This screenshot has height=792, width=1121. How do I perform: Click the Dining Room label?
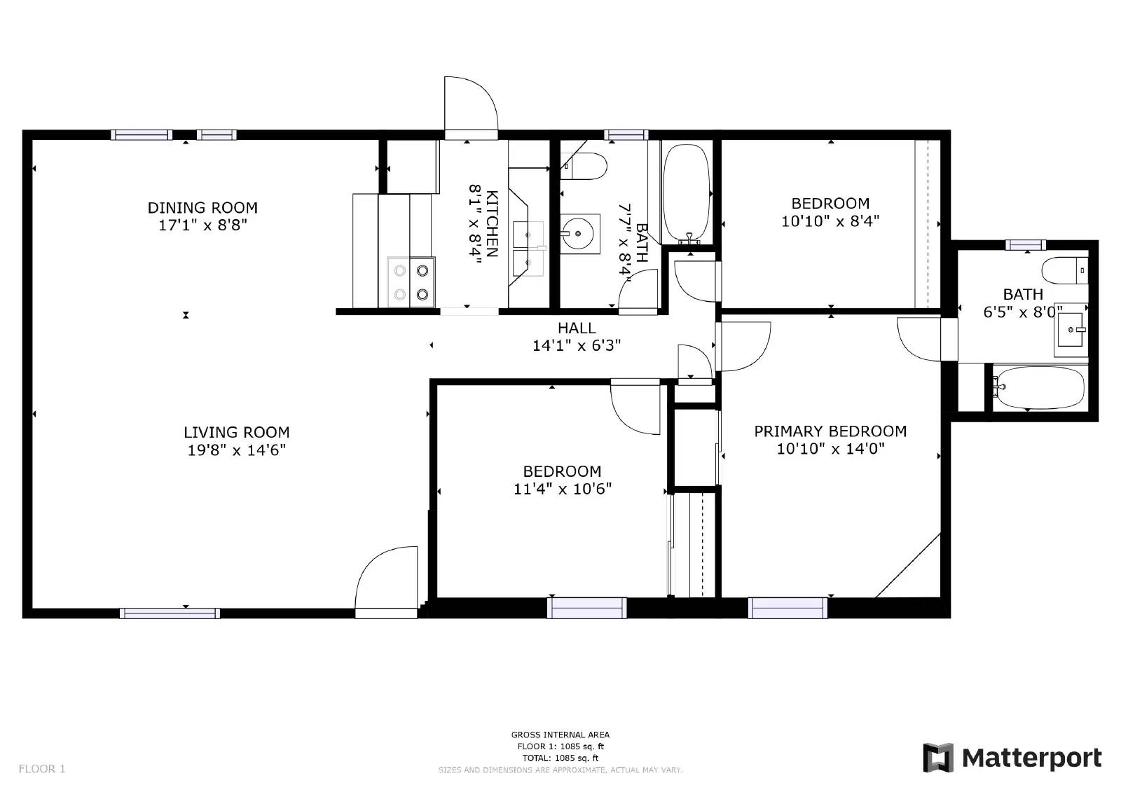tap(202, 207)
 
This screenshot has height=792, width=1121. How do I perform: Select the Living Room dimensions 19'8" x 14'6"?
tap(236, 450)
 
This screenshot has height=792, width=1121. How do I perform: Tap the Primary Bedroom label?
tap(830, 431)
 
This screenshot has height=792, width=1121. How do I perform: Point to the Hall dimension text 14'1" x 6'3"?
tap(576, 345)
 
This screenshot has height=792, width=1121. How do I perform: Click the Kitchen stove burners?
tap(411, 282)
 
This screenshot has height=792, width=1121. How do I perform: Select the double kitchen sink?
tap(528, 248)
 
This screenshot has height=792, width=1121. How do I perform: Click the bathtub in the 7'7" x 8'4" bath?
tap(687, 194)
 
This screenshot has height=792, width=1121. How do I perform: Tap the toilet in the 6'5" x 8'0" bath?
tap(1065, 270)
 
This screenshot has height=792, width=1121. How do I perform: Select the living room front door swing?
tap(386, 577)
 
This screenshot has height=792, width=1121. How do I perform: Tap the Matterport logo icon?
tap(938, 758)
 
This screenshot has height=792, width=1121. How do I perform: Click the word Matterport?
tap(1032, 758)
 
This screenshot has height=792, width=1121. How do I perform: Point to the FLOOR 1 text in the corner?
tap(42, 768)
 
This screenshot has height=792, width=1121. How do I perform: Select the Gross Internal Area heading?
tap(560, 735)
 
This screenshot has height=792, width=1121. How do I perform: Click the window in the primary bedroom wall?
tap(788, 608)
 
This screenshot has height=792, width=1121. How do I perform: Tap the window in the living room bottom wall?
tap(170, 613)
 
